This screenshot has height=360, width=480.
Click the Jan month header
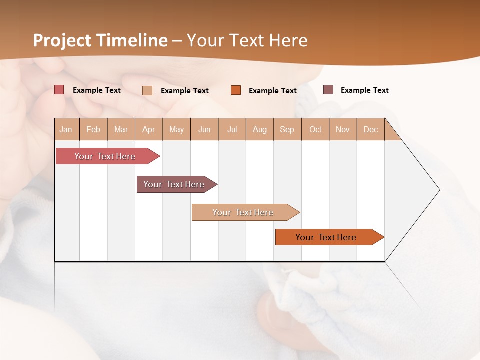66,129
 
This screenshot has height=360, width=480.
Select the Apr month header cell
149,129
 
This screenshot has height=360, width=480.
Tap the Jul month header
232,129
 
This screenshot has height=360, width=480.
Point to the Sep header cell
287,129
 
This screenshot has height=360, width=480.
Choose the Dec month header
370,129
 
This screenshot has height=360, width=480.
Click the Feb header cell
93,129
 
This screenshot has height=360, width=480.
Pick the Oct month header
315,129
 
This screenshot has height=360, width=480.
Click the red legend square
59,90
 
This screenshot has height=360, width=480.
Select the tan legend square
147,90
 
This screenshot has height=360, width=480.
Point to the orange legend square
236,90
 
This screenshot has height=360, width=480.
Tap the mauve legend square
328,90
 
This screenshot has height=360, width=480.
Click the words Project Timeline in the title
100,40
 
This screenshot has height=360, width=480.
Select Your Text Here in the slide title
247,40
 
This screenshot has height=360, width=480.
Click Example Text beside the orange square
272,91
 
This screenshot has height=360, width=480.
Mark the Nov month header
343,129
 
